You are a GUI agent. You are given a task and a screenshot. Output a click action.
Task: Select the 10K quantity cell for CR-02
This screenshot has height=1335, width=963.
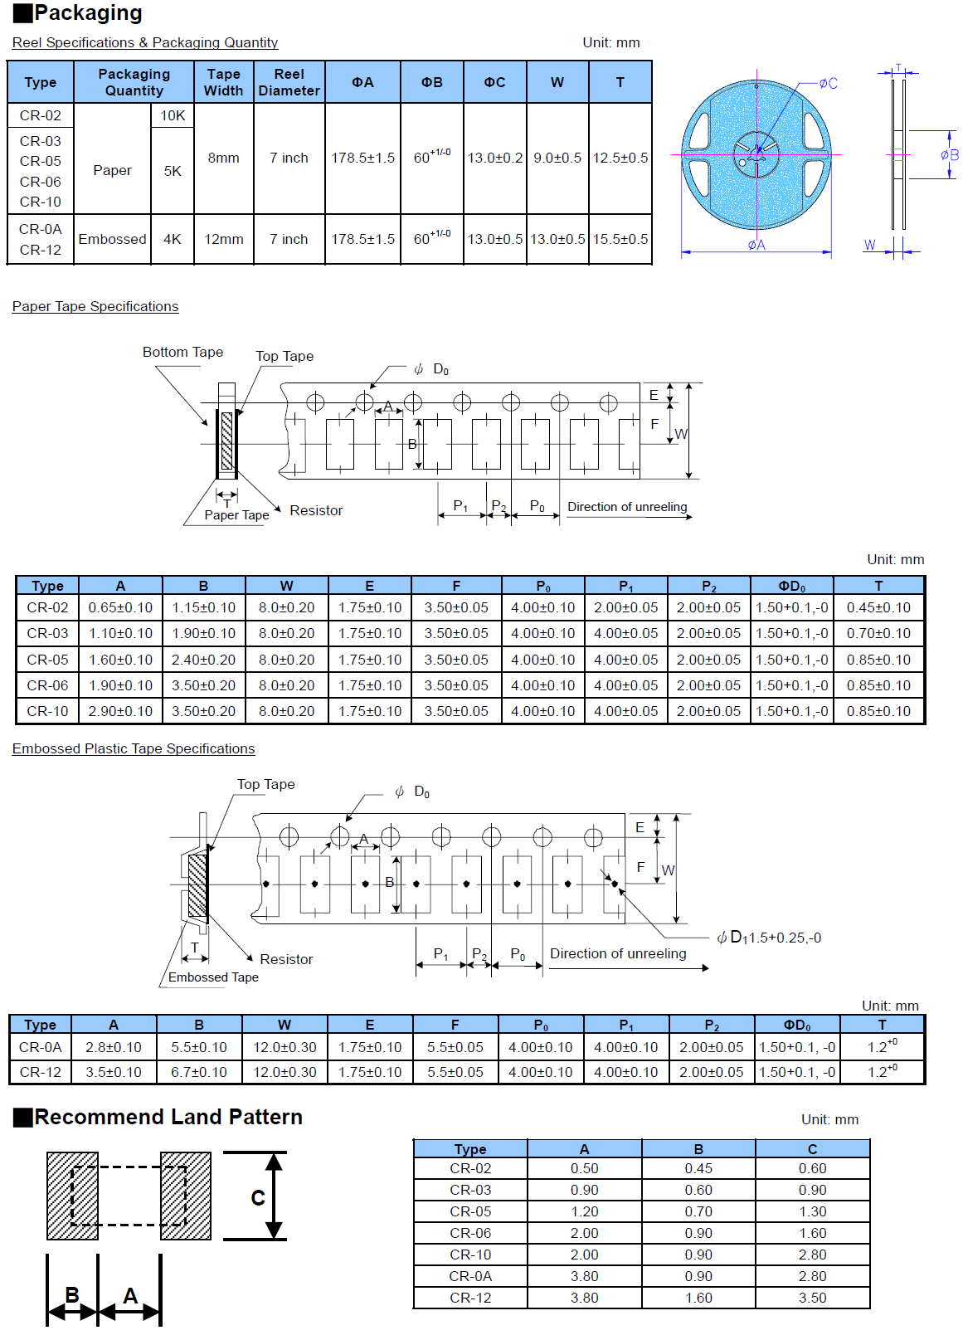pyautogui.click(x=173, y=115)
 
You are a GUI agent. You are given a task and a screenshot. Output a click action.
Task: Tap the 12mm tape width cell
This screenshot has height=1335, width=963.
pyautogui.click(x=224, y=239)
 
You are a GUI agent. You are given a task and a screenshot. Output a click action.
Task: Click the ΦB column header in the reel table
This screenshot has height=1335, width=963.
pyautogui.click(x=431, y=82)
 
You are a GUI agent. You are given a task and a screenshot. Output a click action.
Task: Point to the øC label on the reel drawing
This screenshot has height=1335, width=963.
pyautogui.click(x=828, y=84)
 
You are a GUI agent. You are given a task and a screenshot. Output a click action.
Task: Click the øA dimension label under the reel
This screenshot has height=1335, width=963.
pyautogui.click(x=756, y=245)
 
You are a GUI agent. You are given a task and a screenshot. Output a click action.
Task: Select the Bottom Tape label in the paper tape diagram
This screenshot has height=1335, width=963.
pyautogui.click(x=182, y=352)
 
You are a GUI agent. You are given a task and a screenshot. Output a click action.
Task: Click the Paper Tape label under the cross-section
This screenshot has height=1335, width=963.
pyautogui.click(x=236, y=515)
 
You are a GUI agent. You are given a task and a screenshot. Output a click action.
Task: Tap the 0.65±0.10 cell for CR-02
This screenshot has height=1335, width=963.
pyautogui.click(x=120, y=607)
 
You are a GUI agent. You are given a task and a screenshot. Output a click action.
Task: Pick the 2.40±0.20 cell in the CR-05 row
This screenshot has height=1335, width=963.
pyautogui.click(x=203, y=660)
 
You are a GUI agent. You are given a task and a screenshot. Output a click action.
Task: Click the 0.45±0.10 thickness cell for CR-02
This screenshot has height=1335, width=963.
pyautogui.click(x=878, y=607)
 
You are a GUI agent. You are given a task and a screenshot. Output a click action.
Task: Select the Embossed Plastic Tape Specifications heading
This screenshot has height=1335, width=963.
pyautogui.click(x=134, y=748)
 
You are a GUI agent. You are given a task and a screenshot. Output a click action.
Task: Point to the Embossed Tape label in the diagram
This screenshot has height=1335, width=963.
pyautogui.click(x=213, y=977)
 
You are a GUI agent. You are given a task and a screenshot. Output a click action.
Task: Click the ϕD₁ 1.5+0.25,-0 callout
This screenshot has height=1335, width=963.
pyautogui.click(x=769, y=938)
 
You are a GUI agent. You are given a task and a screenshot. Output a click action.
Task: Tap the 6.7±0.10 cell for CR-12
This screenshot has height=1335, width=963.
pyautogui.click(x=199, y=1072)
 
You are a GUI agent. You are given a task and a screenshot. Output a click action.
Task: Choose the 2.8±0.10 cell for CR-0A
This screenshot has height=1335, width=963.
pyautogui.click(x=114, y=1047)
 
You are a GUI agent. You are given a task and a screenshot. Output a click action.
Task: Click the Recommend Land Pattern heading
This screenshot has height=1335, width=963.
pyautogui.click(x=168, y=1117)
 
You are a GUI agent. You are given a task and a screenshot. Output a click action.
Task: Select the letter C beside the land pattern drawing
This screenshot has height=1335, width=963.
pyautogui.click(x=258, y=1197)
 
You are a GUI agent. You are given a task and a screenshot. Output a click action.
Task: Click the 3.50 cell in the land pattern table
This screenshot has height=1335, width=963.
pyautogui.click(x=812, y=1298)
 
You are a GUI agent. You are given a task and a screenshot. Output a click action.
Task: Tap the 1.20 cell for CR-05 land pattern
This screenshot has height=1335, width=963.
pyautogui.click(x=584, y=1211)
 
